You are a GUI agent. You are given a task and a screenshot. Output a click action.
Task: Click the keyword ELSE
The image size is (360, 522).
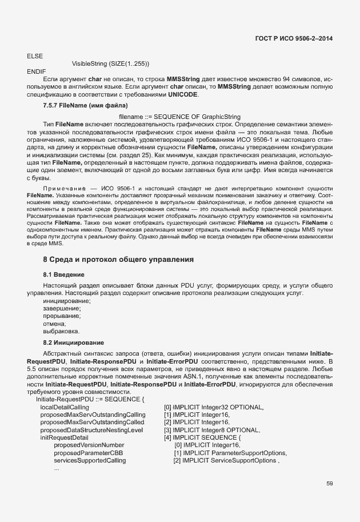click(x=35, y=55)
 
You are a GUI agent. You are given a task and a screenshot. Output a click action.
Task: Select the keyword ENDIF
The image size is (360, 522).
click(x=37, y=70)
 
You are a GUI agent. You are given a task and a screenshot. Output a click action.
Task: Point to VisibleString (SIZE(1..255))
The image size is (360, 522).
click(x=110, y=63)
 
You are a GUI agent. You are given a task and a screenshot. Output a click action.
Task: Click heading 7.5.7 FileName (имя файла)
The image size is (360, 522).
click(x=85, y=106)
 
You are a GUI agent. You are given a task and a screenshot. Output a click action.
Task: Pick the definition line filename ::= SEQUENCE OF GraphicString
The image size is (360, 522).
click(x=179, y=117)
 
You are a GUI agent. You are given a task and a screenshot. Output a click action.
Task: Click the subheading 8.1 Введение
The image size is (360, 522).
click(x=64, y=274)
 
